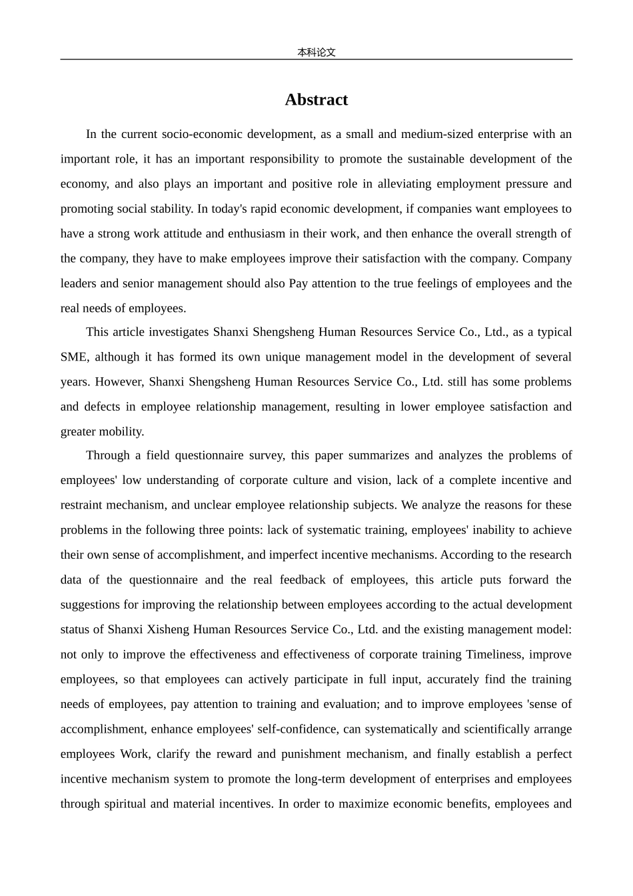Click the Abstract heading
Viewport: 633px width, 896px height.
click(x=316, y=99)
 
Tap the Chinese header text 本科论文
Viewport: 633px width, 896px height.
click(x=316, y=52)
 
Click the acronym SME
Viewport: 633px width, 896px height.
click(x=73, y=357)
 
